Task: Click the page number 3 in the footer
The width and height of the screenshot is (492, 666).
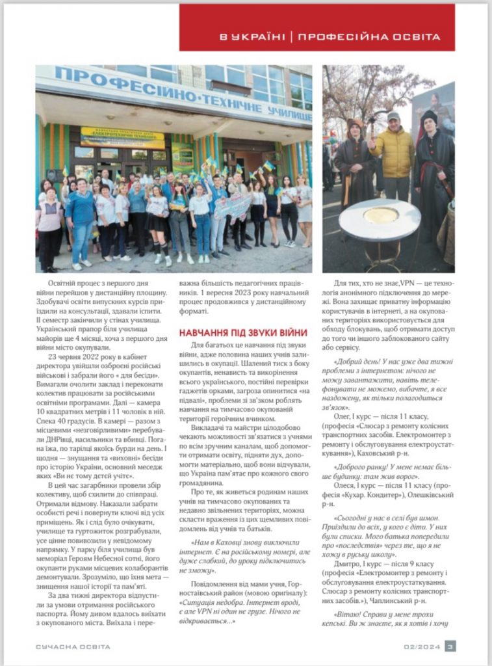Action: (x=450, y=646)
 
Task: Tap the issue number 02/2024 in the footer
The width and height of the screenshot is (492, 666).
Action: (x=422, y=646)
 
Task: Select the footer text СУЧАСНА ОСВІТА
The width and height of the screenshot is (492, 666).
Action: (x=73, y=646)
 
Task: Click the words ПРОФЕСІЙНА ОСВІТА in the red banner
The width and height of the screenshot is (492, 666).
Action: (x=376, y=37)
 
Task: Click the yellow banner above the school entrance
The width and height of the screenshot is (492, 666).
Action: (x=122, y=137)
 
